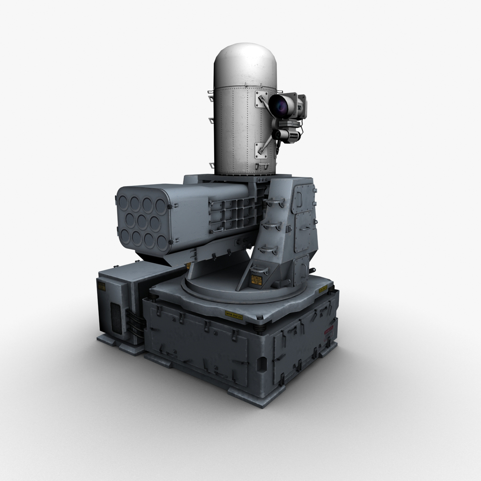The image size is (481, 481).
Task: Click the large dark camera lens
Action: tap(279, 106)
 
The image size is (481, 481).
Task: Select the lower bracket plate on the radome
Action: tap(261, 151)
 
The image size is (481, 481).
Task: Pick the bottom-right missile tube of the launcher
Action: tap(162, 243)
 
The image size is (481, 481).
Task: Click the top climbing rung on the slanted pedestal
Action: tap(273, 203)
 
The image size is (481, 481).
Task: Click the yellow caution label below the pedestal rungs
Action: tap(257, 279)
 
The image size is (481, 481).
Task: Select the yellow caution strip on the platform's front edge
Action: tap(233, 315)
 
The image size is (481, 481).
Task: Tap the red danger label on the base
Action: tap(329, 330)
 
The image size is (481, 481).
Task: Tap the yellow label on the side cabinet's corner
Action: tap(101, 286)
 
